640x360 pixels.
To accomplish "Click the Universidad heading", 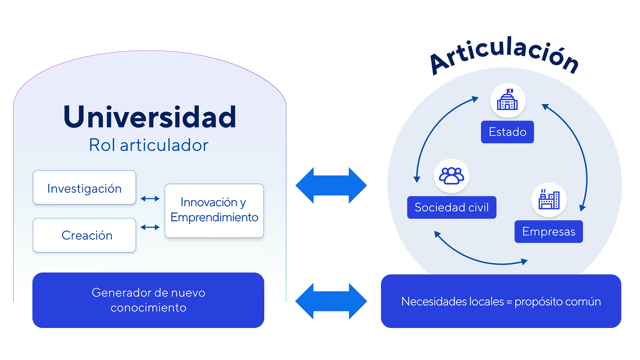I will [x=150, y=117].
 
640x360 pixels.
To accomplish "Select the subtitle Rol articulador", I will [x=148, y=145].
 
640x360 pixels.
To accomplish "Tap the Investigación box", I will [x=84, y=188].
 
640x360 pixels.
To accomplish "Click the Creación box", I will [x=84, y=235].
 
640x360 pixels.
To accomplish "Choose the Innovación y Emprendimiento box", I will [x=214, y=210].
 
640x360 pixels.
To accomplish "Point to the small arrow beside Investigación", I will [x=150, y=198].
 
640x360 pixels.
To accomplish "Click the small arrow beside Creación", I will [x=150, y=228].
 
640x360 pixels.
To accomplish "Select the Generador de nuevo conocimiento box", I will [x=148, y=300].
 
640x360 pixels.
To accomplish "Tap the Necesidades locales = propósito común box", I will [x=501, y=301].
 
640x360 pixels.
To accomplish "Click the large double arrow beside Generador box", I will [x=331, y=301].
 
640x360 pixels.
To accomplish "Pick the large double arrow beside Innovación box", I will [x=331, y=185].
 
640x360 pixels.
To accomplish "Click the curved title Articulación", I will [x=505, y=55].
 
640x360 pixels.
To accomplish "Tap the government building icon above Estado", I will [x=508, y=100].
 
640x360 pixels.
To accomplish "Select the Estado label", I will [x=508, y=132].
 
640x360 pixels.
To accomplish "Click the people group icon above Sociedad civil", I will [x=451, y=176].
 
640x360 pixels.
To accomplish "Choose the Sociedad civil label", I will [x=451, y=207].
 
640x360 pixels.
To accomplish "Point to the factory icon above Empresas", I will [x=549, y=199].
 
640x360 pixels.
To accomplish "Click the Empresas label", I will [x=548, y=232].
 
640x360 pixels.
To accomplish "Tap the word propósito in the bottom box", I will [x=537, y=302].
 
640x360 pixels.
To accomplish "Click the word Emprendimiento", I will [x=214, y=218].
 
